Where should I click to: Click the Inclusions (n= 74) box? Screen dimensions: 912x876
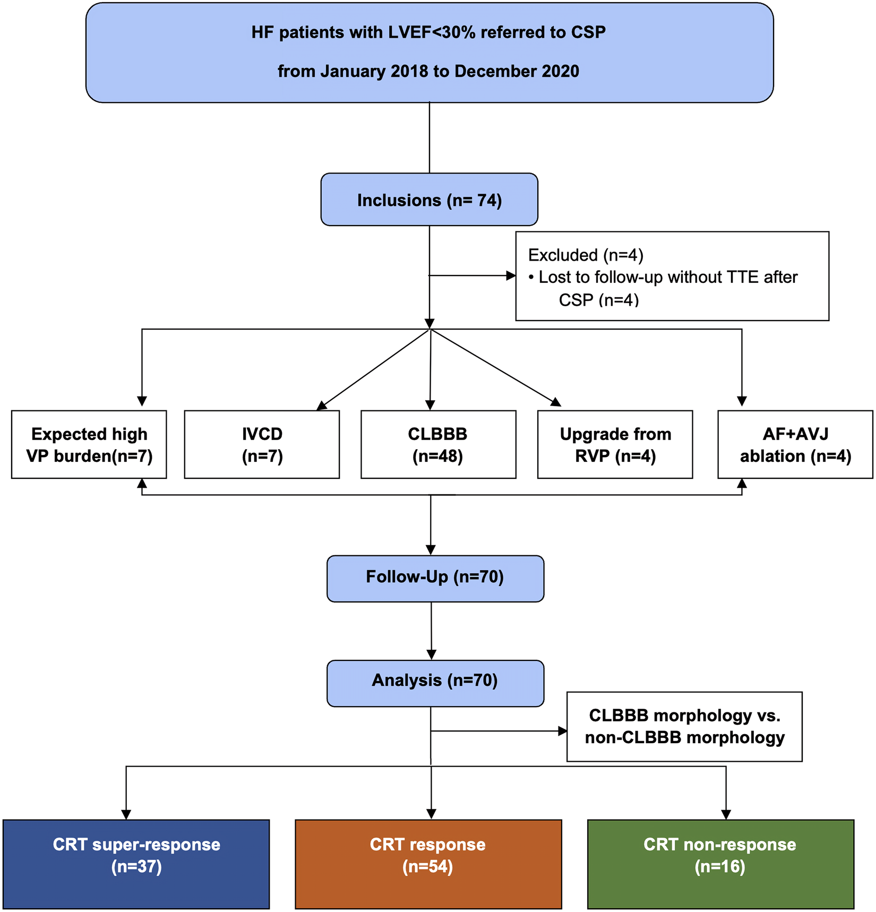(x=429, y=200)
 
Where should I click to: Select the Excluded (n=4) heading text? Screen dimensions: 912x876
(x=586, y=255)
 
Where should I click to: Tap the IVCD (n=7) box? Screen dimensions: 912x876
(x=262, y=445)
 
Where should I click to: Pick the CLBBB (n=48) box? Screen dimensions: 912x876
(x=438, y=445)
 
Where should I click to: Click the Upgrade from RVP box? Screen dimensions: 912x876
(x=615, y=445)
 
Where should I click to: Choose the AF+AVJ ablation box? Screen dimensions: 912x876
(x=795, y=445)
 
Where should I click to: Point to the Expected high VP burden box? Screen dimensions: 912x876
(x=89, y=445)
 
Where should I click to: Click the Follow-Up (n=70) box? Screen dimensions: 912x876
(x=435, y=578)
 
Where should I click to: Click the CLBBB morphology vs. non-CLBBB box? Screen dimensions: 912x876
(x=684, y=726)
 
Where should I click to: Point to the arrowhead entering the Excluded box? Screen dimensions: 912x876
(x=511, y=276)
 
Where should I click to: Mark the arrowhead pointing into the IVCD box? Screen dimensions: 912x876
(x=322, y=406)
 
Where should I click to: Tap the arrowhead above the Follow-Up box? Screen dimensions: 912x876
(x=431, y=550)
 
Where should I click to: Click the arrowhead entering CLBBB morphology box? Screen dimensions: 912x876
(x=563, y=731)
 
